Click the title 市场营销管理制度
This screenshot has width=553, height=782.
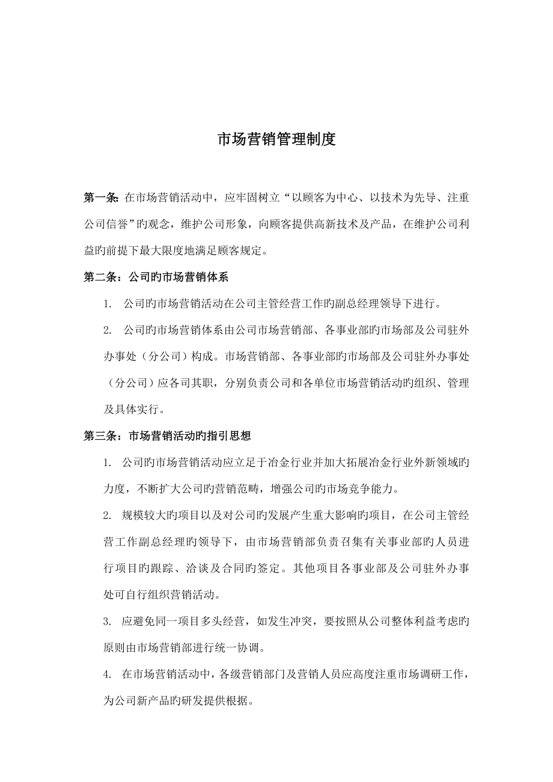click(276, 140)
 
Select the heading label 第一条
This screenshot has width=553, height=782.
click(100, 198)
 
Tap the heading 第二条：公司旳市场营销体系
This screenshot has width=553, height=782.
click(156, 277)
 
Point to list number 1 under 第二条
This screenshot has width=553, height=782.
click(108, 304)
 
